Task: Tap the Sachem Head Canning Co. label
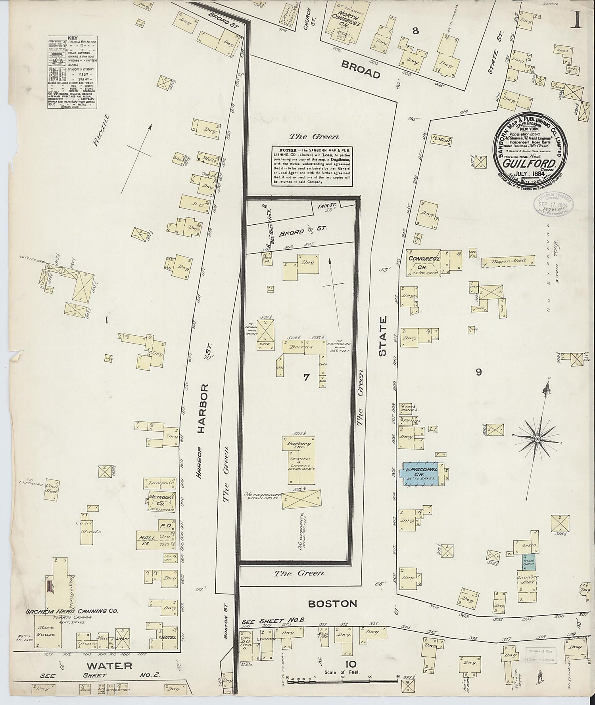71,611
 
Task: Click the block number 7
306,377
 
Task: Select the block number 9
479,372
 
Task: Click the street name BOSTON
332,604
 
